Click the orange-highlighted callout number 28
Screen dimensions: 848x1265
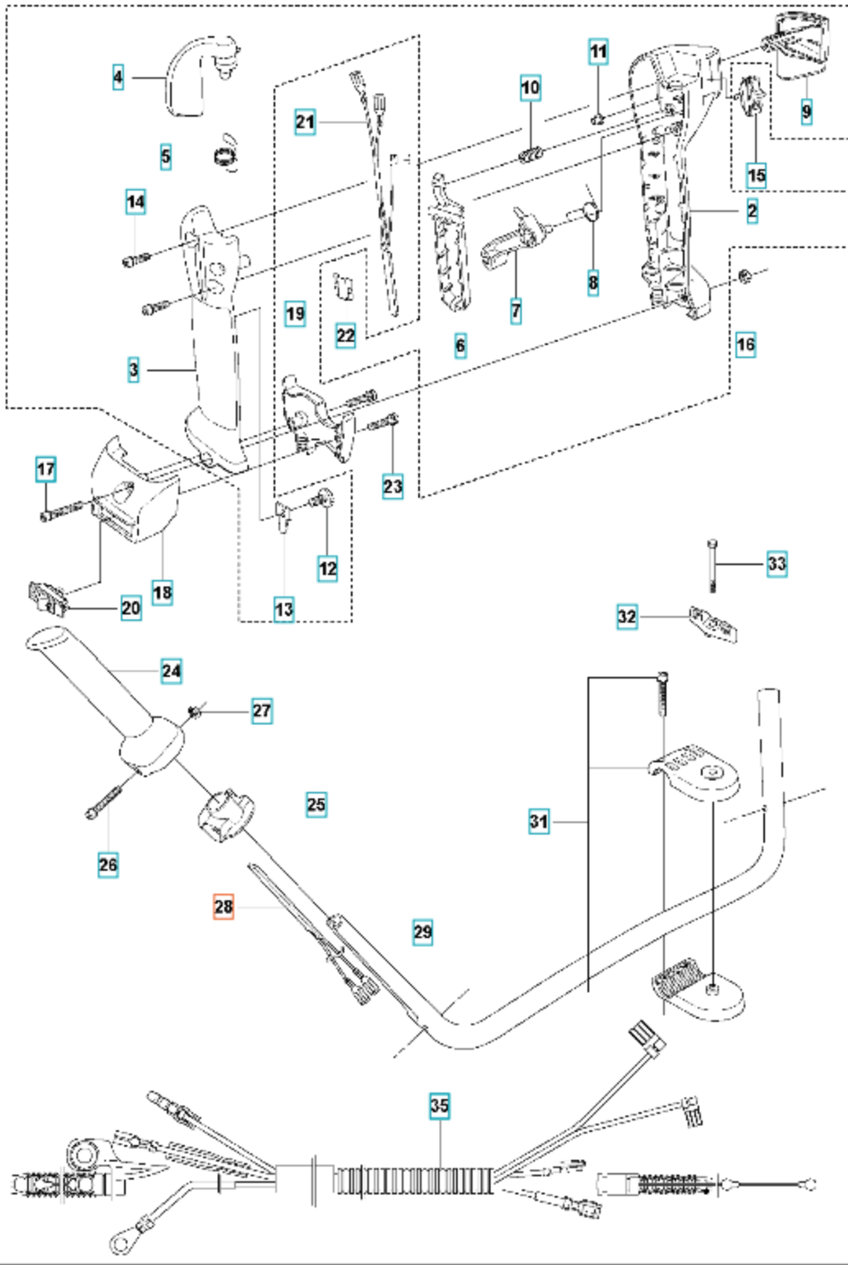point(224,907)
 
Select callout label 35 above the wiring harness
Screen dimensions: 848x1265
point(440,1105)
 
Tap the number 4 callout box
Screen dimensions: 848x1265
point(118,77)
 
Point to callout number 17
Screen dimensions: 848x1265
point(46,469)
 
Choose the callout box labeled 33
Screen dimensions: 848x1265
point(777,563)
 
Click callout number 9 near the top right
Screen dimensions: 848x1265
point(806,111)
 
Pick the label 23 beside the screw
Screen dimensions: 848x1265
point(393,486)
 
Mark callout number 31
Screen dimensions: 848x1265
point(539,821)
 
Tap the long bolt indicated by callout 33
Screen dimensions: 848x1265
point(713,565)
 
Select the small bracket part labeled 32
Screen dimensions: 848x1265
point(713,623)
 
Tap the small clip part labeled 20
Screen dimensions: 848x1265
point(48,599)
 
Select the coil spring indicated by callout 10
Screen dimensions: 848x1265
point(531,153)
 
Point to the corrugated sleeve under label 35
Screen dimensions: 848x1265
point(415,1180)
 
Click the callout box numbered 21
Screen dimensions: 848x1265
point(305,122)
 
